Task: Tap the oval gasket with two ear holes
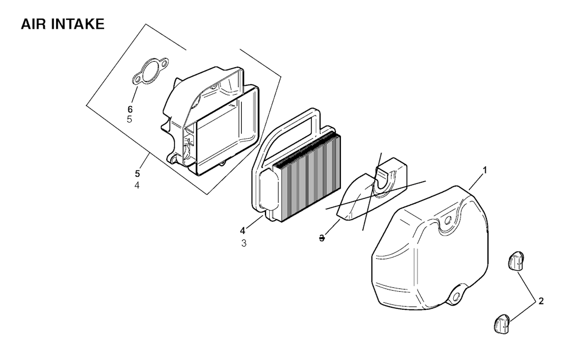coord(150,72)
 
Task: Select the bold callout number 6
coord(130,109)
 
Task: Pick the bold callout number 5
coord(137,174)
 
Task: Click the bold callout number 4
coord(243,230)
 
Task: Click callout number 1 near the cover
coord(485,171)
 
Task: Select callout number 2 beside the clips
coord(541,302)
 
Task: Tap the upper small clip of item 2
coord(517,261)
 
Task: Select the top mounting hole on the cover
coord(448,220)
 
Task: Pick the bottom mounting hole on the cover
coord(457,296)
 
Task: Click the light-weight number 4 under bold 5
coord(137,186)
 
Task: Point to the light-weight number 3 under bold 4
coord(244,243)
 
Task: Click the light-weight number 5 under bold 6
coord(129,119)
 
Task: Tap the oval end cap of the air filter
coord(269,190)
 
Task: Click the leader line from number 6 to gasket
coord(134,94)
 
